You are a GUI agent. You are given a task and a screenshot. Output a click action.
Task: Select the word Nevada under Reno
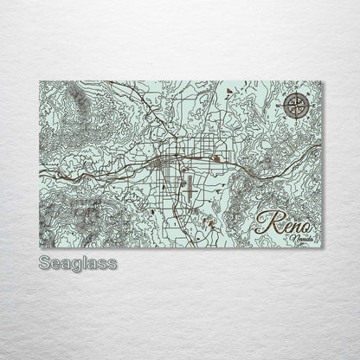click(301, 237)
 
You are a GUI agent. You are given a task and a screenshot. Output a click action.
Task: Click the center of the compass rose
click(294, 107)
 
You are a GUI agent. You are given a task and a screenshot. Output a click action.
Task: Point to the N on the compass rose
click(294, 93)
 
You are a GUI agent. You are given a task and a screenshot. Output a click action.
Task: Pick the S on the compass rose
click(294, 122)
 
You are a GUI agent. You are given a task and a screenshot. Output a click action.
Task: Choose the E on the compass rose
click(309, 108)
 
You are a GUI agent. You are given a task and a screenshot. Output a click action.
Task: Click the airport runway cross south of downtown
click(184, 183)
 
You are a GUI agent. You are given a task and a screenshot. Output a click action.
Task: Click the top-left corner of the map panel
click(40, 81)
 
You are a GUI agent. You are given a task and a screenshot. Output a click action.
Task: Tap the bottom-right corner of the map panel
click(322, 247)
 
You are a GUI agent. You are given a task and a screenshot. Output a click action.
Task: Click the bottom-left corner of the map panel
click(40, 247)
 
